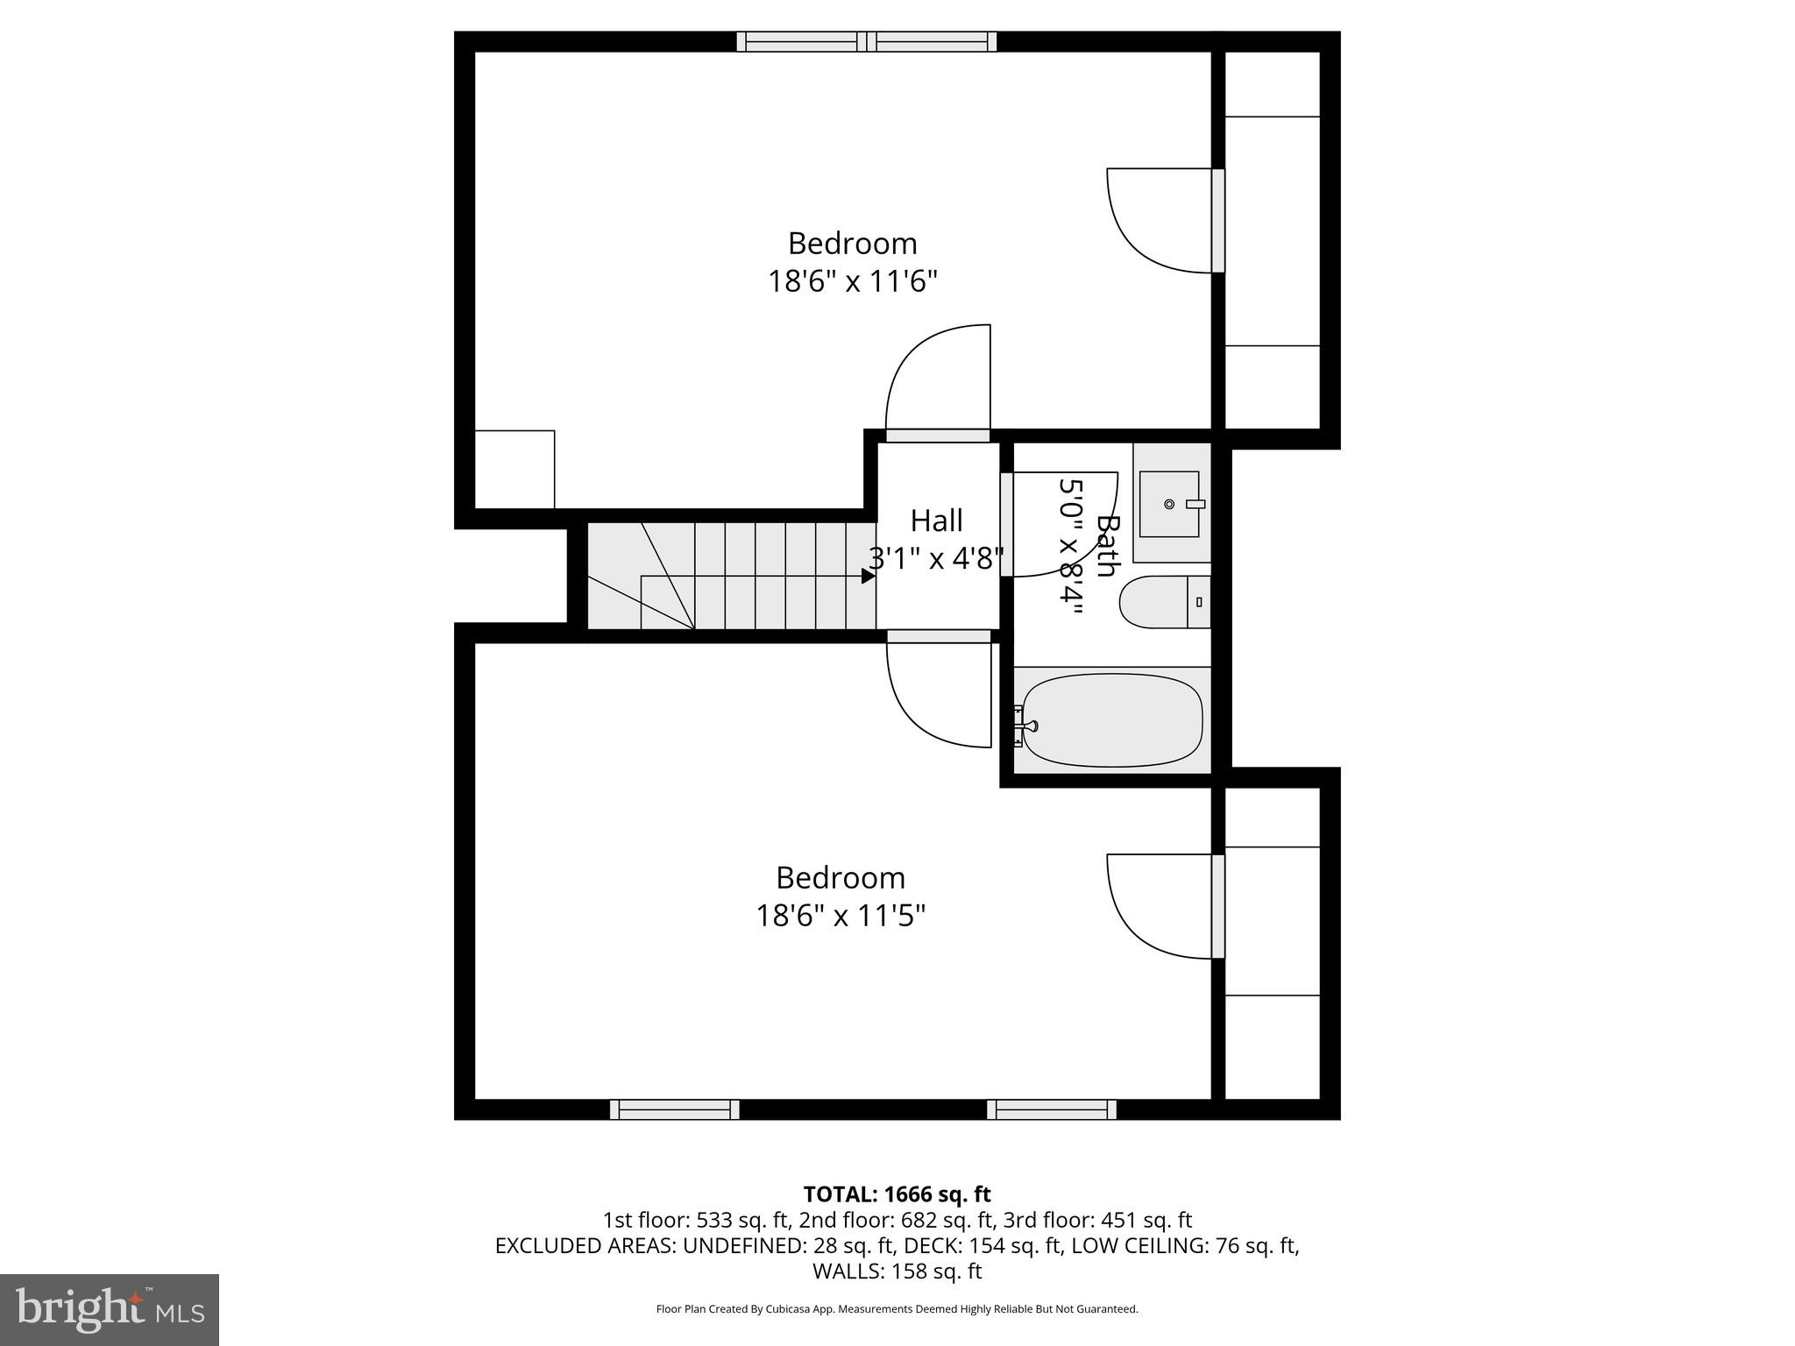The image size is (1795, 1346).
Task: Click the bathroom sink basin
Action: [1169, 504]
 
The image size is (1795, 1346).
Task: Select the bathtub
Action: [1112, 719]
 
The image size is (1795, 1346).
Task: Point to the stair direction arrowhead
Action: [868, 576]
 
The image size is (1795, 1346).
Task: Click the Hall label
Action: [936, 521]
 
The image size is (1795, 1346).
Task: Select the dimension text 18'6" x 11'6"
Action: [853, 281]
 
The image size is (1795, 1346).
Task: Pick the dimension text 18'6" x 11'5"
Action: [841, 916]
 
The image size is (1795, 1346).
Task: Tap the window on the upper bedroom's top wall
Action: [866, 41]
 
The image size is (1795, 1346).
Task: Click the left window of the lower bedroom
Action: [674, 1109]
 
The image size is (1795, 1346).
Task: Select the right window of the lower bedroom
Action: [1051, 1109]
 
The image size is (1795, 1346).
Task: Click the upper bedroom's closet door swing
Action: [1157, 219]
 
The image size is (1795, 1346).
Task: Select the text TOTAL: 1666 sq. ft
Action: [897, 1194]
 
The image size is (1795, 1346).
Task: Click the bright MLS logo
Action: [109, 1309]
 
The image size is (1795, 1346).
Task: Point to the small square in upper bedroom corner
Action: [514, 469]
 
